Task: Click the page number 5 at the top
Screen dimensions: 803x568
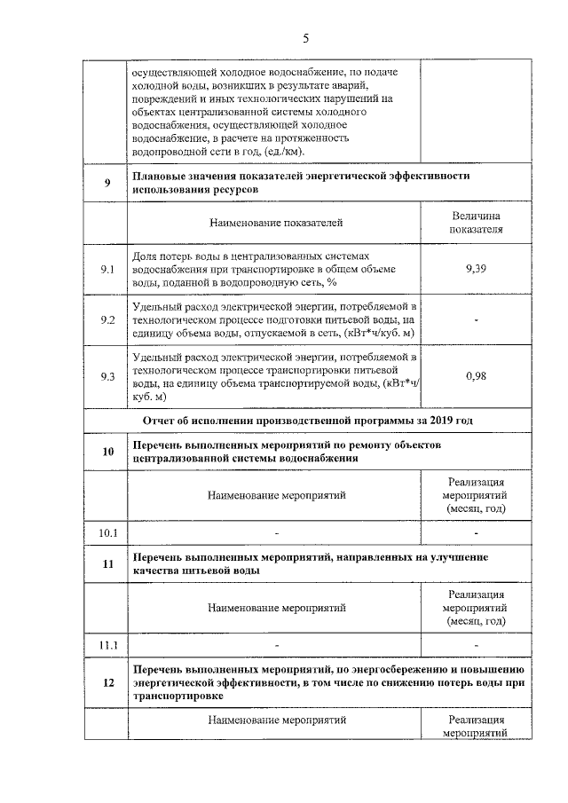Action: point(305,38)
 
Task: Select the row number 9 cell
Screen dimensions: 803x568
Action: point(107,183)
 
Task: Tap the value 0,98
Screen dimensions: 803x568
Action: point(475,376)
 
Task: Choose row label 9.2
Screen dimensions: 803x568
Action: point(107,319)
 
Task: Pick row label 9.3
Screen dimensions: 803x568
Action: point(107,376)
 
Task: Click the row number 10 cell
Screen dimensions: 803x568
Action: point(107,452)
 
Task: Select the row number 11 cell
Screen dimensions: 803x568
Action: point(107,563)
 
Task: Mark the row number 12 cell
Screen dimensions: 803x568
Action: point(107,682)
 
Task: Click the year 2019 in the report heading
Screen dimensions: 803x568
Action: point(464,420)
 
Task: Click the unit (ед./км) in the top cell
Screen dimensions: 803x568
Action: point(278,151)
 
